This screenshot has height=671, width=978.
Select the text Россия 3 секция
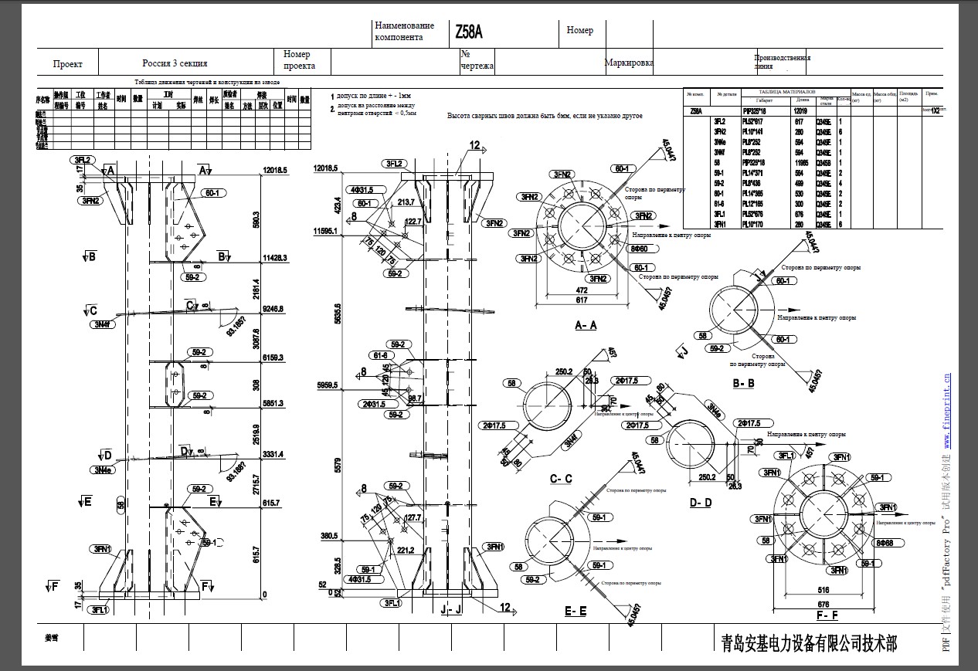175,63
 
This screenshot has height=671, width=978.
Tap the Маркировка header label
629,63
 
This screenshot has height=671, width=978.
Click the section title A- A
586,325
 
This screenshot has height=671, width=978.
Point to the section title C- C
561,479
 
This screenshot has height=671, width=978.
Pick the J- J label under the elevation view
450,609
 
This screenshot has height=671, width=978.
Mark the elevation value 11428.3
274,257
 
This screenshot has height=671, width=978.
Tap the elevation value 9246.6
273,308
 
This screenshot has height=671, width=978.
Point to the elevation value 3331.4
273,454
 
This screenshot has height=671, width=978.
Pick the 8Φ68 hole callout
886,544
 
